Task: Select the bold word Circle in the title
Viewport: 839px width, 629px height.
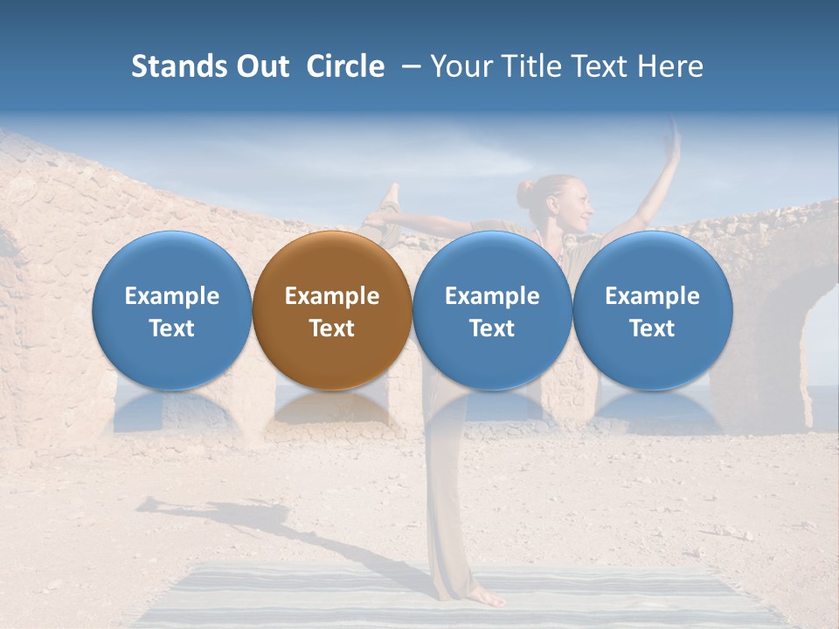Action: [x=345, y=66]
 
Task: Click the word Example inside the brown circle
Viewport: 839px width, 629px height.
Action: [x=332, y=296]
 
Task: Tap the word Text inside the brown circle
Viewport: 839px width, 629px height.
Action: [x=332, y=328]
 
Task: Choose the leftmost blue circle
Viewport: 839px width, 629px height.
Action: [x=171, y=311]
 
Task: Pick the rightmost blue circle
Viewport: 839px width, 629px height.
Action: [x=652, y=311]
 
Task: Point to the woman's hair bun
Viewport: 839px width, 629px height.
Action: [x=524, y=193]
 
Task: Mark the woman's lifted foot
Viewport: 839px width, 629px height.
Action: [x=391, y=197]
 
